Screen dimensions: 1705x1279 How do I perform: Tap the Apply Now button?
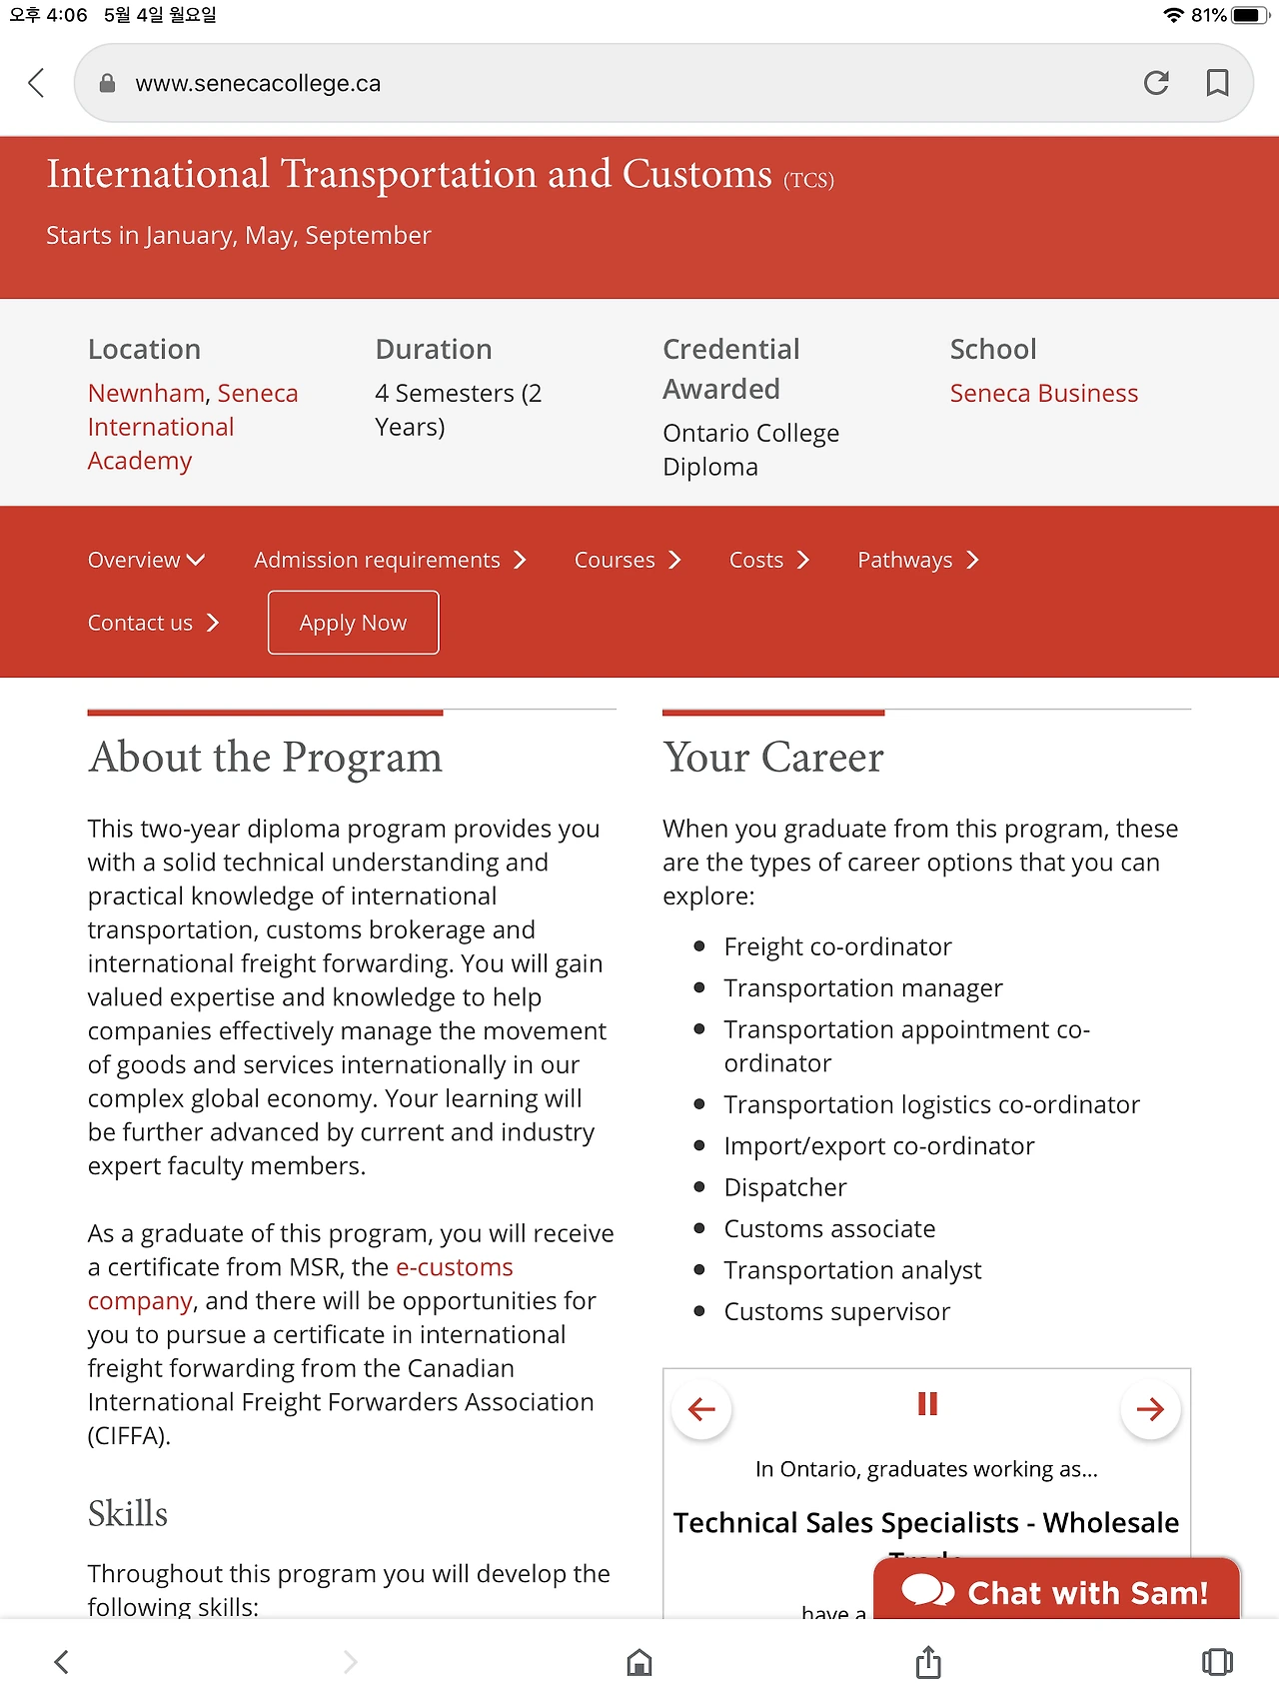[353, 623]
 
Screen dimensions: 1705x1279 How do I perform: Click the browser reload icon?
[1156, 83]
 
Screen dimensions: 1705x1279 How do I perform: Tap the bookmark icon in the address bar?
[1217, 83]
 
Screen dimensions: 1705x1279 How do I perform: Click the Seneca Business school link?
[1043, 394]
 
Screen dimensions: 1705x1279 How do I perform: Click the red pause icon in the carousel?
[927, 1404]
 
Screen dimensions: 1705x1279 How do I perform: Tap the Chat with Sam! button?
[1056, 1591]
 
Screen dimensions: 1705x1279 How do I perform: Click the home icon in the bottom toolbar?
[639, 1662]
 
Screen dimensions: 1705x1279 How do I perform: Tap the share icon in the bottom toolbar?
[928, 1662]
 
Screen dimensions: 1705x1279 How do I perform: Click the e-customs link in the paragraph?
[455, 1267]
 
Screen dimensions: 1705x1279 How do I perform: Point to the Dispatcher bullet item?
[785, 1187]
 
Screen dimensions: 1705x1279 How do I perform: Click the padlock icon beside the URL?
[108, 84]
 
